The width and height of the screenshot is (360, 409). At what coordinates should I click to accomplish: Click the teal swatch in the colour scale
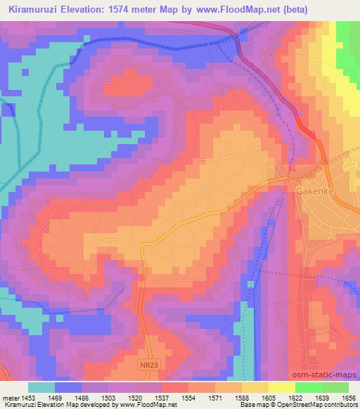(41, 387)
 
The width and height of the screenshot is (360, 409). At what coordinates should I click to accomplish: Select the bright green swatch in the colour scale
(309, 387)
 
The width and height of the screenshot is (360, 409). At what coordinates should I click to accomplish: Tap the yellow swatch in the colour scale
(282, 387)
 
